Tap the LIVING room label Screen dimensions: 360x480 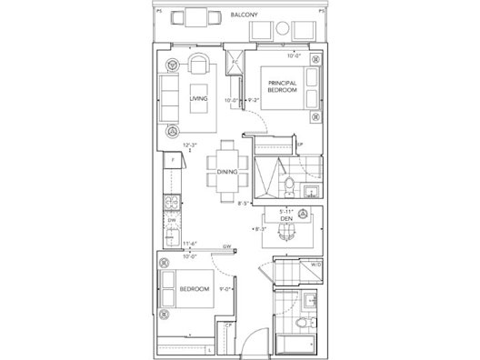tap(197, 98)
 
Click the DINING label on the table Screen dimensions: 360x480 tap(227, 171)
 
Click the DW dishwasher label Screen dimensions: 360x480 tap(171, 221)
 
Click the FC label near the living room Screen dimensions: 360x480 tap(235, 63)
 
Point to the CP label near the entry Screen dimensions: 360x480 tap(230, 325)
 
